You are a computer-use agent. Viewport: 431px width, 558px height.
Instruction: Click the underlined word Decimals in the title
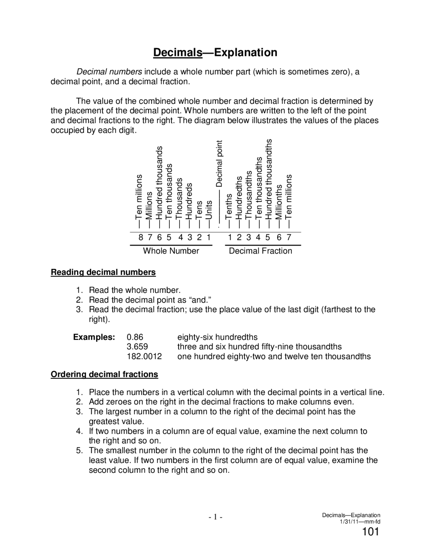pos(178,53)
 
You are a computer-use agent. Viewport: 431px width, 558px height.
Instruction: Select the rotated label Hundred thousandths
pos(269,180)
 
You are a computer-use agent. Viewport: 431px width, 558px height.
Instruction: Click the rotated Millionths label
pos(279,202)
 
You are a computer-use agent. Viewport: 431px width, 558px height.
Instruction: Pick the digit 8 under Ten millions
pos(141,238)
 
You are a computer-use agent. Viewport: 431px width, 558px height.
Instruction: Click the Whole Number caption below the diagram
pos(171,251)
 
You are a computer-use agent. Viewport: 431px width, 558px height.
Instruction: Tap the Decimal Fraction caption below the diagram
pos(260,251)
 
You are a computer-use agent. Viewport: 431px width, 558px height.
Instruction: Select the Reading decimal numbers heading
pos(103,272)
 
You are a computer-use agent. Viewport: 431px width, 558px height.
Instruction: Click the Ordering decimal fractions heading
pos(104,374)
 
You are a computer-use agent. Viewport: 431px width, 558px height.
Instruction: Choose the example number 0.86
pos(135,337)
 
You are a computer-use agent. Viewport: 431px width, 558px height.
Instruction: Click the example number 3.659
pos(137,347)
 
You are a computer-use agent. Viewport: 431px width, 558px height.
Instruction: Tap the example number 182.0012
pos(144,356)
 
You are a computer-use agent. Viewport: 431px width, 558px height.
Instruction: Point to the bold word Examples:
pos(94,337)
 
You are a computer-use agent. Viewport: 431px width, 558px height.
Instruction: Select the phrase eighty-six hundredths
pos(217,337)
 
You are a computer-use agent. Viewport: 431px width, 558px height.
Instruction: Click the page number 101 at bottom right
pos(370,532)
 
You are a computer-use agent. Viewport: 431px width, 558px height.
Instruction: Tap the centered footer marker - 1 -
pos(215,517)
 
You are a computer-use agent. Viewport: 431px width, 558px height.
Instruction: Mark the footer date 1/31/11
pos(349,522)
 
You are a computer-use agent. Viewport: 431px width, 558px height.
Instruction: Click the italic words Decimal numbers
pos(109,72)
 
